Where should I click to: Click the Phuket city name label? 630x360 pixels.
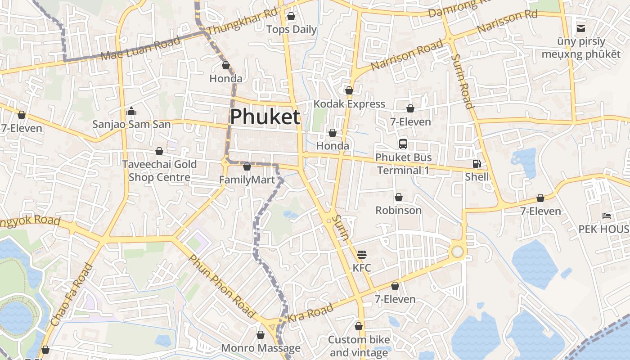point(265,117)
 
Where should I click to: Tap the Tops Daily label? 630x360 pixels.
point(292,30)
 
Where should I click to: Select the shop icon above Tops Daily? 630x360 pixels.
point(291,17)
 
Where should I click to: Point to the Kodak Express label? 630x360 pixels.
point(349,104)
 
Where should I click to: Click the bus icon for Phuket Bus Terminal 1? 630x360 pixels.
point(403,144)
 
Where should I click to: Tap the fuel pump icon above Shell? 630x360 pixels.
point(477,164)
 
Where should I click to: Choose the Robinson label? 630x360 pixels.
point(398,210)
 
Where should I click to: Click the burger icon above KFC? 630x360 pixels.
point(362,255)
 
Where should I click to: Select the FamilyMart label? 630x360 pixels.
point(247,180)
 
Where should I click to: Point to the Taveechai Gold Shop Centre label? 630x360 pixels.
point(159,171)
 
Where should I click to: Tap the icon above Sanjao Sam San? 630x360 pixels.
point(131,111)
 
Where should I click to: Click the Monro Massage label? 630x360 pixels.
point(261,348)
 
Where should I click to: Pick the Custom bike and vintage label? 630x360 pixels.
point(359,346)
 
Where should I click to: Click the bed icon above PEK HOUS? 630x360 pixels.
point(607,216)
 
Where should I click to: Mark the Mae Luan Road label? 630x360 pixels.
point(141,48)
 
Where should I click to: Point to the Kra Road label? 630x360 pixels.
point(310,312)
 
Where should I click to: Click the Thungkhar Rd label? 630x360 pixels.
point(243,21)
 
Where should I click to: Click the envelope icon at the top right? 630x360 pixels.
point(581,28)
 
